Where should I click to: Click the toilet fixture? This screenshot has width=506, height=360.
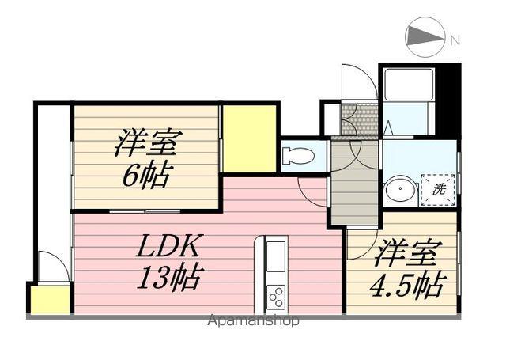(x=298, y=153)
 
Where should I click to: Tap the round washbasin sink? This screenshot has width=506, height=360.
(x=400, y=191)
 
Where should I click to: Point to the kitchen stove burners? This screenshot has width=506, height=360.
(x=276, y=297)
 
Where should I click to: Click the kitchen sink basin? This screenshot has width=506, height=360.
(x=276, y=256)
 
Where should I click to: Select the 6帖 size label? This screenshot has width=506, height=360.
(x=145, y=176)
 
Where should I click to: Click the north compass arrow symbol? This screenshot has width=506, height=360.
(x=425, y=37)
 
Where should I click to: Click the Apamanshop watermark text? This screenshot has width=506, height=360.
(x=253, y=321)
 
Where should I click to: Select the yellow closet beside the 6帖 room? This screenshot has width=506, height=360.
(x=249, y=138)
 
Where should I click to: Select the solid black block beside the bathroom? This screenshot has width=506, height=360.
(x=447, y=99)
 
